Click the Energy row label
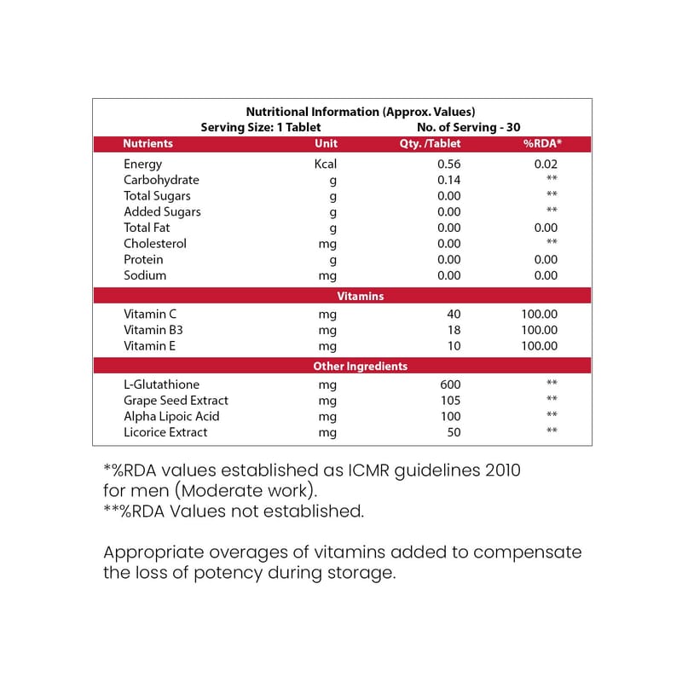point(142,164)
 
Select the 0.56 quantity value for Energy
point(448,164)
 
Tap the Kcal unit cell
point(326,164)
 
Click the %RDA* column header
point(542,144)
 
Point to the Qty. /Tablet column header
point(430,144)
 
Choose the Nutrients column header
point(147,144)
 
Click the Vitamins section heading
point(360,297)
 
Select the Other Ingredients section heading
point(360,367)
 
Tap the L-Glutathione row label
point(161,384)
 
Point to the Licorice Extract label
point(165,432)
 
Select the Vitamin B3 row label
point(151,330)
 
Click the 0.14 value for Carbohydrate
point(448,180)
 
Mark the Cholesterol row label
point(154,243)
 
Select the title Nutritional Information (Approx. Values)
point(360,112)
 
